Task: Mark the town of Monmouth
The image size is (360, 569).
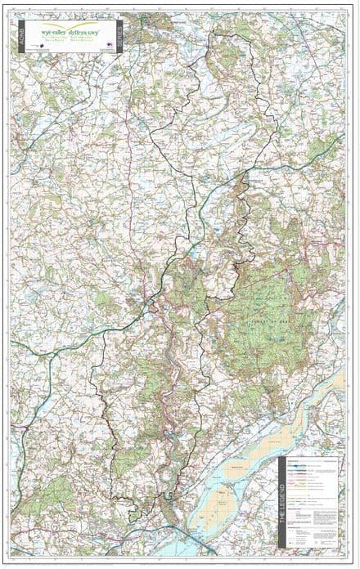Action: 152,304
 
